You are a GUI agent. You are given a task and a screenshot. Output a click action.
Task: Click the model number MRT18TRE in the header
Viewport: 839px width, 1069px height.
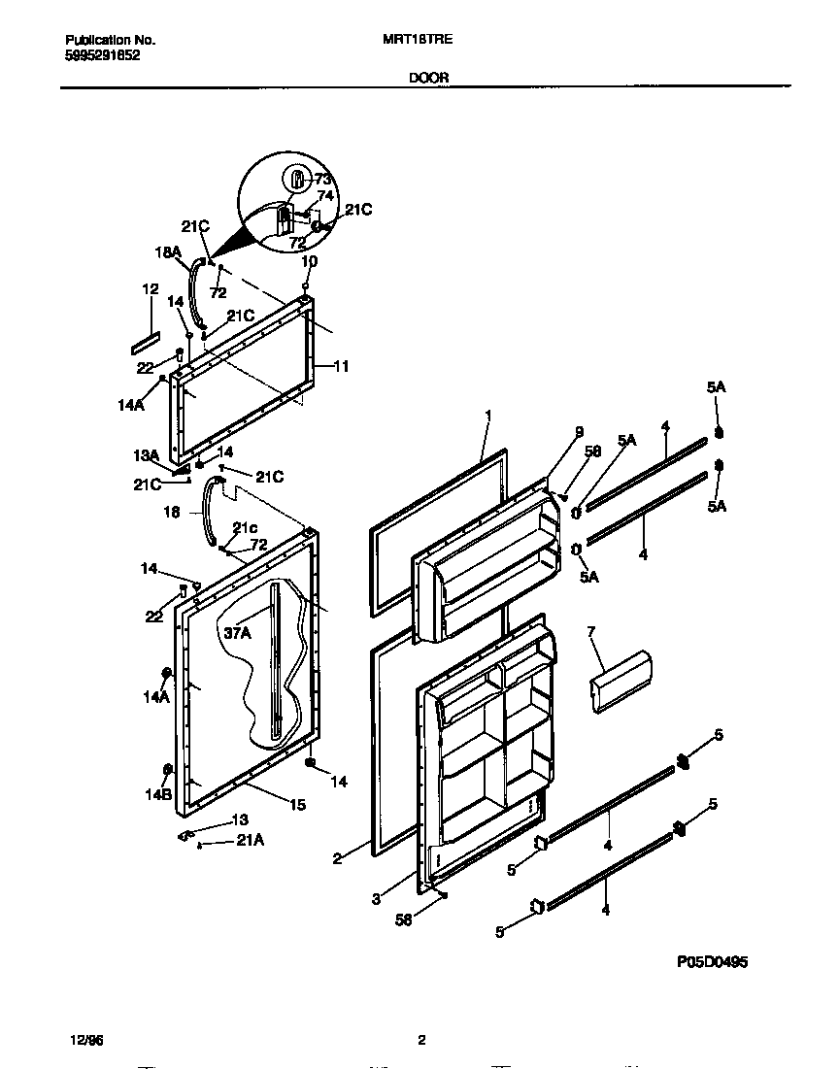pos(419,41)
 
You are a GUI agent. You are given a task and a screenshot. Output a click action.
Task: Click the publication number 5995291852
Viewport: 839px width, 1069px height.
pos(102,55)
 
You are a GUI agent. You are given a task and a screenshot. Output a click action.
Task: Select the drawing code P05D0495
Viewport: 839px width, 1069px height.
pos(712,962)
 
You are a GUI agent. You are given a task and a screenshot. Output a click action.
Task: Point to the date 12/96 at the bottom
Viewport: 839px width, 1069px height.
pos(85,1040)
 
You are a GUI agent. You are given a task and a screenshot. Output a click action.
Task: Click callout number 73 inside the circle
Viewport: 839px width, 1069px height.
pos(322,180)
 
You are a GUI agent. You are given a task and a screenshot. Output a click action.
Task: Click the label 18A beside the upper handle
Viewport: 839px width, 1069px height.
pos(168,251)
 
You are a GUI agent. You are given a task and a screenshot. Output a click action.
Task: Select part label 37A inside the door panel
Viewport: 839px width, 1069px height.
pos(238,633)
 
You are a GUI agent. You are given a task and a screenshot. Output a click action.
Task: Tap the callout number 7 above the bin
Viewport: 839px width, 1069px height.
pos(590,632)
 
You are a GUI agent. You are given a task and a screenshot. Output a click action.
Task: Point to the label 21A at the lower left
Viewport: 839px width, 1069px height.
pos(250,841)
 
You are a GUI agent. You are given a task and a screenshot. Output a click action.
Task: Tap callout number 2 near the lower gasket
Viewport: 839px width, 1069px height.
pos(336,858)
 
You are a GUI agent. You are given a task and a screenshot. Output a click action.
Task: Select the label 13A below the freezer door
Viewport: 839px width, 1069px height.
pos(146,455)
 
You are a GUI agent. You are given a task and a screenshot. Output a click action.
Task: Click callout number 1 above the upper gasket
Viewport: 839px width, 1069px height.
pos(488,416)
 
